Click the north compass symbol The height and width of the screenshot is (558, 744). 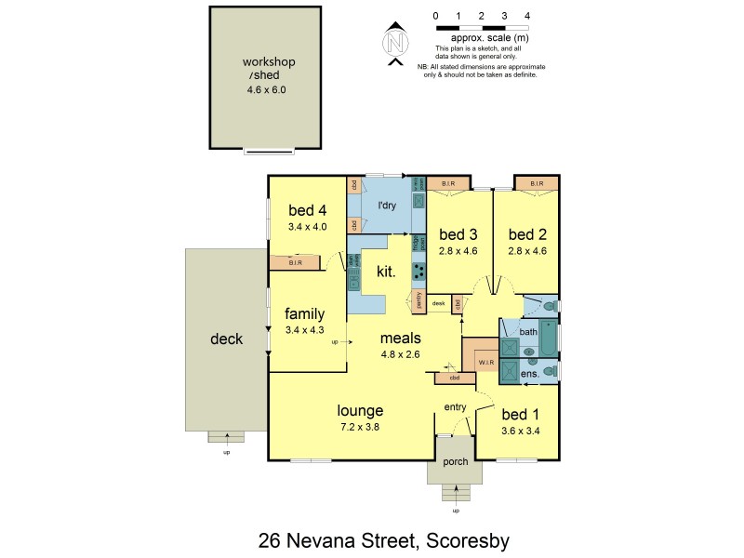click(x=397, y=42)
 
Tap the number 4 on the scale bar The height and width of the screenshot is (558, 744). click(x=527, y=16)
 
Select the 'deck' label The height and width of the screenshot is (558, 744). click(x=226, y=339)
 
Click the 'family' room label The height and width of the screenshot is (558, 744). click(x=305, y=313)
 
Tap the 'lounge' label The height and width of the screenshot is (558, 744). click(x=361, y=410)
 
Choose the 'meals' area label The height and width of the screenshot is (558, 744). click(x=401, y=339)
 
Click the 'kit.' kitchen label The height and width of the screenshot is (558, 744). click(x=386, y=272)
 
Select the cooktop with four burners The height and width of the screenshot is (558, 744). click(x=419, y=272)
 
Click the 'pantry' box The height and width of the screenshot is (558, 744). click(x=418, y=301)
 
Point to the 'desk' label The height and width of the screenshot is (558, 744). click(x=439, y=303)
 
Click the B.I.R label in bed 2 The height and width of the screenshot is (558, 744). click(x=537, y=183)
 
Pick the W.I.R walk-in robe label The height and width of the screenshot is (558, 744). click(x=485, y=361)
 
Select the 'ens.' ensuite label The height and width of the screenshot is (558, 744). click(x=529, y=373)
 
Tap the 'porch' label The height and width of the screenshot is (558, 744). click(x=455, y=462)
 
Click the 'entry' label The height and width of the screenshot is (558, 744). click(x=456, y=407)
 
